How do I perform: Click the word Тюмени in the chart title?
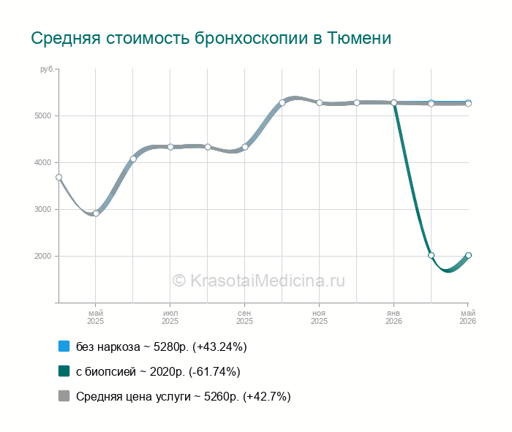[359, 38]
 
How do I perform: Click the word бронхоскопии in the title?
[251, 39]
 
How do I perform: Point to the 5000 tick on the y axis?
[42, 115]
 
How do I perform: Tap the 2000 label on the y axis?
[42, 256]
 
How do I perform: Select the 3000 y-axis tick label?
[42, 210]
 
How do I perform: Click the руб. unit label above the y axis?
[48, 69]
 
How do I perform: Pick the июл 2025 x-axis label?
[170, 317]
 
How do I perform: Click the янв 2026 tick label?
[394, 317]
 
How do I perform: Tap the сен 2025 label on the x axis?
[244, 317]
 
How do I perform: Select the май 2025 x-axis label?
[95, 317]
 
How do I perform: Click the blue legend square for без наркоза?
[64, 346]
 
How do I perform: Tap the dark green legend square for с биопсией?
[64, 371]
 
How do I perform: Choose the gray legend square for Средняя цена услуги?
[64, 395]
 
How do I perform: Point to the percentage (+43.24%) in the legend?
[219, 346]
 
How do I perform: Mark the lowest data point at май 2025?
[96, 213]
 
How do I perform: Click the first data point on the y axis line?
[59, 178]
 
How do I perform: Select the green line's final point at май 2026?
[468, 255]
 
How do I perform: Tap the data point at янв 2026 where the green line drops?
[394, 103]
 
